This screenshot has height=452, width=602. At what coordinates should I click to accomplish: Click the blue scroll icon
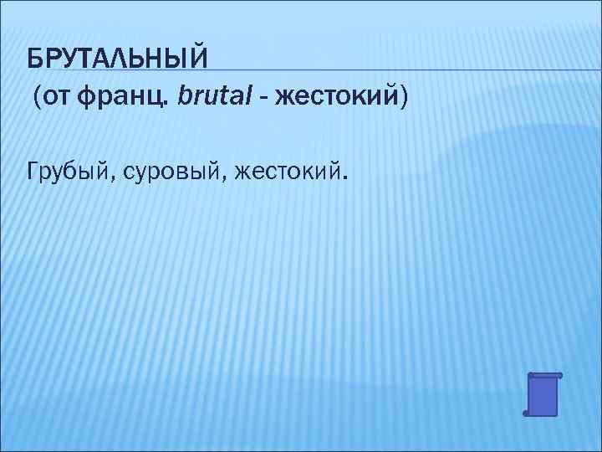click(543, 394)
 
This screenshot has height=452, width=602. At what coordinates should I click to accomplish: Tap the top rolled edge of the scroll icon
click(545, 375)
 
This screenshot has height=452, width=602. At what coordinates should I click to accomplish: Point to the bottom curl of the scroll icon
click(528, 413)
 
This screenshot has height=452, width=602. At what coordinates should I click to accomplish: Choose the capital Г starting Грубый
click(34, 172)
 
